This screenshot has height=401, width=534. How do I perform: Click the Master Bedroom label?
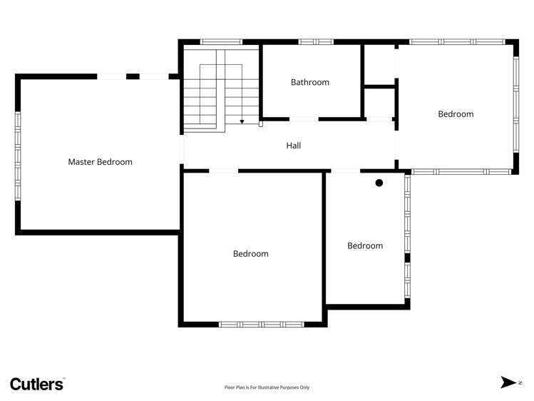point(100,162)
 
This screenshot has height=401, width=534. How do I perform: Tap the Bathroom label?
point(310,82)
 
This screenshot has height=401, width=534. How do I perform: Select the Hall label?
point(294,146)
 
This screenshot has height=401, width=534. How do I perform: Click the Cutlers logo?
point(37,383)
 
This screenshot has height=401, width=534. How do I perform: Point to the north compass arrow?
point(509,382)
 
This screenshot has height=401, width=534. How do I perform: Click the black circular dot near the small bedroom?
point(379,183)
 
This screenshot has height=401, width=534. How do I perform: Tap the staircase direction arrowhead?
point(242,122)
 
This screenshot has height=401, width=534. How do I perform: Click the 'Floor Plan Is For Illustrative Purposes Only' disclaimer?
point(267,387)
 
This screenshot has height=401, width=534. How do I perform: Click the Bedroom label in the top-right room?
point(456,114)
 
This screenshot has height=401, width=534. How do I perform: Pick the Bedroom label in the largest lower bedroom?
point(251,254)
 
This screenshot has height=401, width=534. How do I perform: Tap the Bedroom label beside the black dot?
point(365,246)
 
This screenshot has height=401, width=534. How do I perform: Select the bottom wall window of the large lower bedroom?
point(261,324)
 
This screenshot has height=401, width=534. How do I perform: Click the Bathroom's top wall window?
point(316,42)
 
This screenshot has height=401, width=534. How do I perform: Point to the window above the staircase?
point(221,42)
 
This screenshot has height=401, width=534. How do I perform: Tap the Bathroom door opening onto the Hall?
point(304,118)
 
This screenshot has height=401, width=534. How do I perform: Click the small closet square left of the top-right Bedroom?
point(379,101)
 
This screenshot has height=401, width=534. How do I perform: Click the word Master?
point(81,162)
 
